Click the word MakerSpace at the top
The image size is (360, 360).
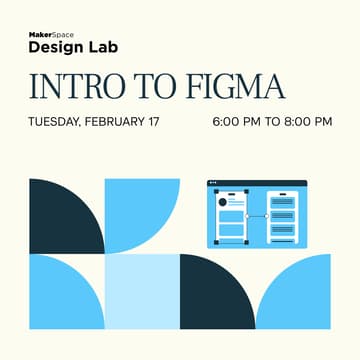tap(50, 33)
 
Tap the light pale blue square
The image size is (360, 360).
tap(142, 291)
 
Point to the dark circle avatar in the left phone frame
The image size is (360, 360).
tap(223, 203)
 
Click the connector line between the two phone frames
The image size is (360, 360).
tap(256, 216)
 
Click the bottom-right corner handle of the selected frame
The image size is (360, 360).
tap(246, 241)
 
